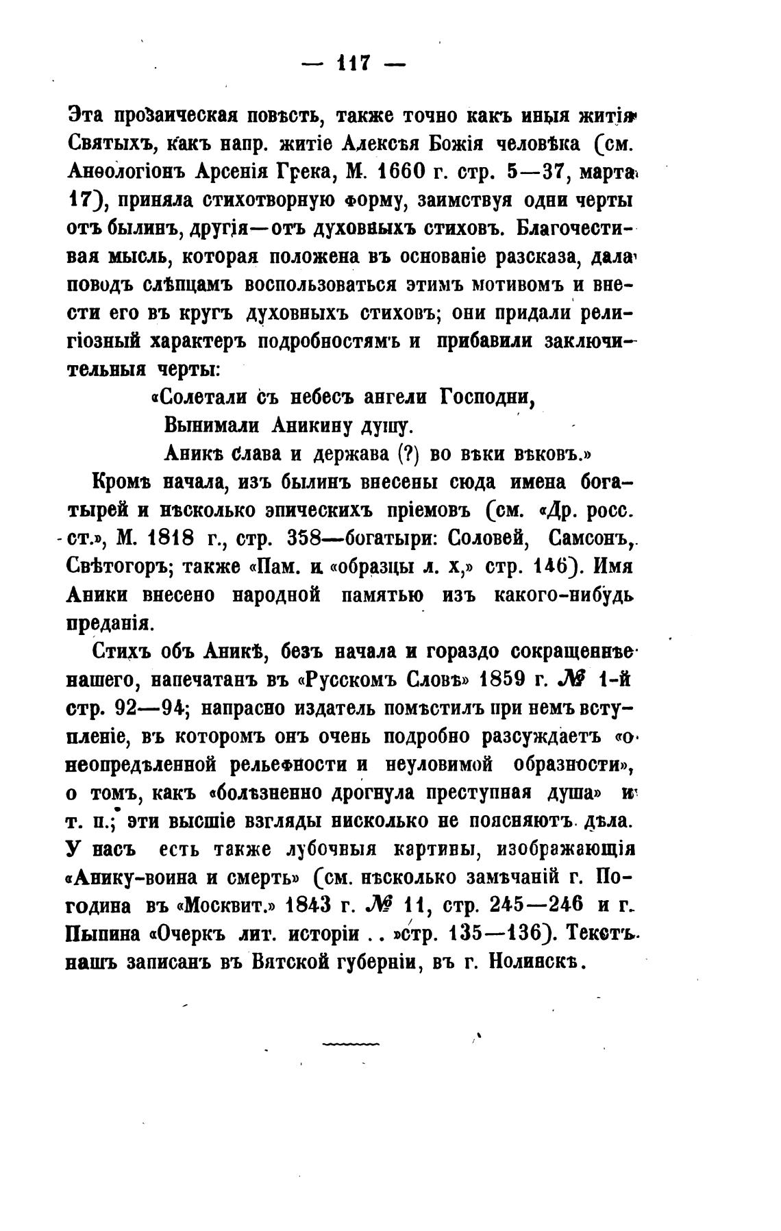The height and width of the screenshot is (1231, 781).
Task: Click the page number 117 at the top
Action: pyautogui.click(x=354, y=64)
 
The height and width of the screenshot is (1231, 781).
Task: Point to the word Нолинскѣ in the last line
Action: pyautogui.click(x=536, y=962)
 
